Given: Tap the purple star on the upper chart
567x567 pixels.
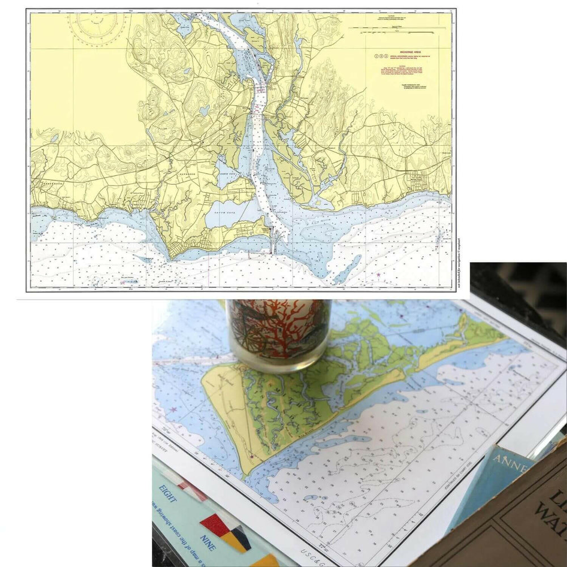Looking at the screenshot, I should tap(378, 275).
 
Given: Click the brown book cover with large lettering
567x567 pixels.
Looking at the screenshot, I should tap(510, 522).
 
